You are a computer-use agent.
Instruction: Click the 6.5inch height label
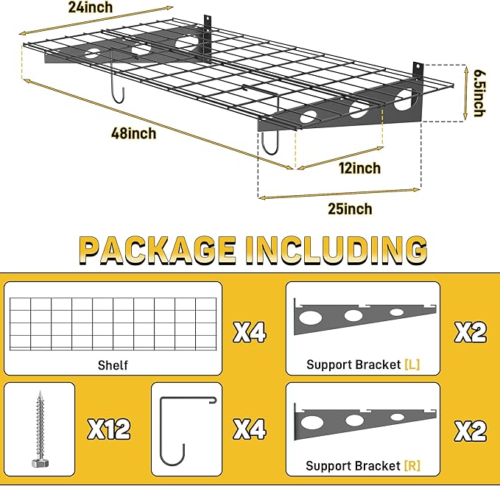(x=479, y=93)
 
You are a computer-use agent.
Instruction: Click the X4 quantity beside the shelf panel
(x=249, y=334)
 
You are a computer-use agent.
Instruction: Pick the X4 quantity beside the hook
(x=249, y=428)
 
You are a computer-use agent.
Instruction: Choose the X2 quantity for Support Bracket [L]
(x=469, y=334)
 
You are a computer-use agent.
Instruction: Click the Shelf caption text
(x=113, y=364)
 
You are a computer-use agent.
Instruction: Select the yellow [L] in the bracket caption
(x=411, y=364)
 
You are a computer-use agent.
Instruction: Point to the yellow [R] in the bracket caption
(x=411, y=465)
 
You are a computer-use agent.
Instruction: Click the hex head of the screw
(x=39, y=463)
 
